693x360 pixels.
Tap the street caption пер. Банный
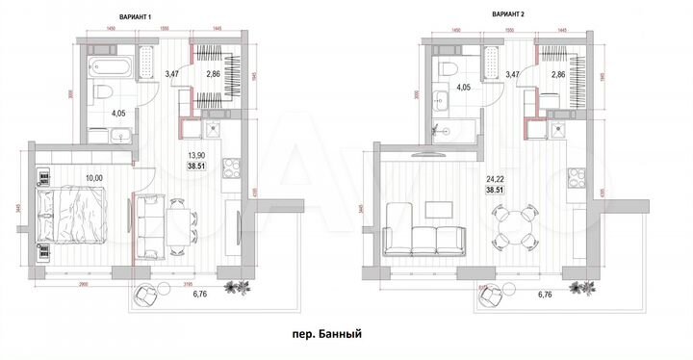(x=325, y=336)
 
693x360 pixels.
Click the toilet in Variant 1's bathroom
(x=104, y=92)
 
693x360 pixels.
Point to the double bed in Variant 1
(x=70, y=216)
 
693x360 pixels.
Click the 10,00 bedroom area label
(x=94, y=177)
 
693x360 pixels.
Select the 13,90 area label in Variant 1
(x=194, y=154)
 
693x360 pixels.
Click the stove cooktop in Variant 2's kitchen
(x=577, y=179)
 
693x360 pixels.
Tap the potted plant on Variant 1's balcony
(x=233, y=286)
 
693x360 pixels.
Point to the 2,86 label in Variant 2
(x=558, y=73)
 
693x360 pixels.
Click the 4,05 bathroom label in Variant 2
(x=463, y=88)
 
